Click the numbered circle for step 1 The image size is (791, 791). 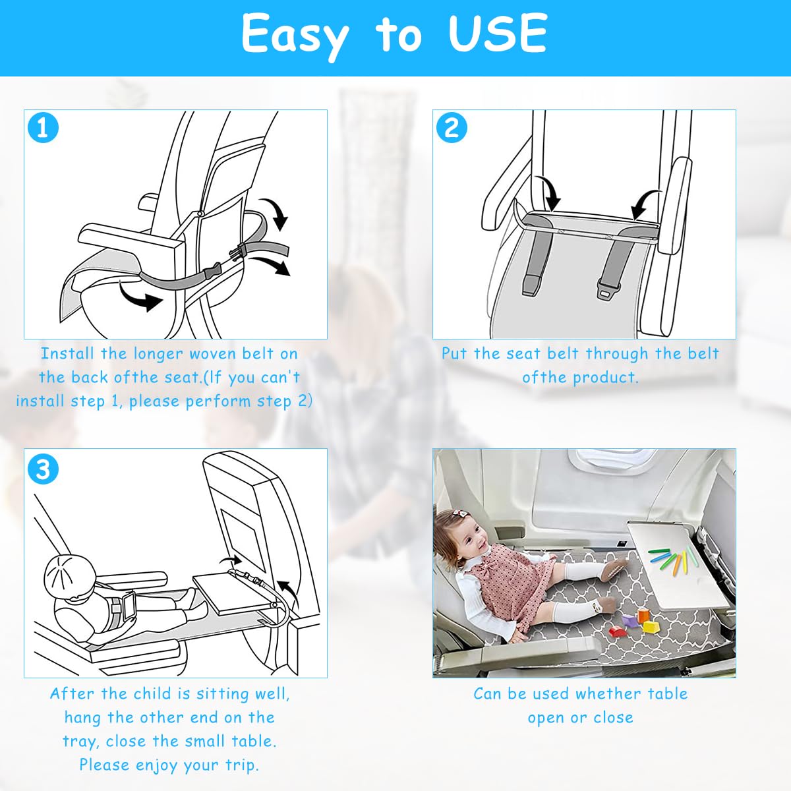coord(43,128)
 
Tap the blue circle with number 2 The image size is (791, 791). coord(452,128)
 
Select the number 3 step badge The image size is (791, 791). coord(43,469)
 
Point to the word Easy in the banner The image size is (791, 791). coord(295,36)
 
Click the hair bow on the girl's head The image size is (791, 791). coord(457,515)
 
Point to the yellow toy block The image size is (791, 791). coord(651,627)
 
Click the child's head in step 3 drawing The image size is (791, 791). coord(69,573)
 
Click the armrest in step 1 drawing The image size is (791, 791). coord(131,245)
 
